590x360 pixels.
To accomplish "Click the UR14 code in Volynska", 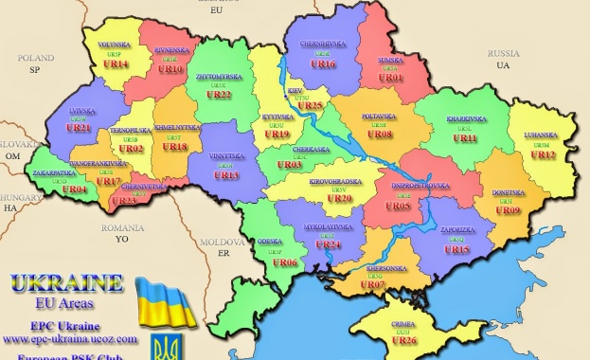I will (x=115, y=64).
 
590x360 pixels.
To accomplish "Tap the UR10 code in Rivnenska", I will (x=170, y=69).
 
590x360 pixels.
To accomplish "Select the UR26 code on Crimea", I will (x=403, y=341).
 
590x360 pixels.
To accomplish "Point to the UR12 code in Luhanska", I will (x=543, y=154).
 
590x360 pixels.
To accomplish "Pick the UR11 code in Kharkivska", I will (x=465, y=138).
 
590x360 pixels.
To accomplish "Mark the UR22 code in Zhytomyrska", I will (x=219, y=95).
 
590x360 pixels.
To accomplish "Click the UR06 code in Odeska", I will (x=285, y=262).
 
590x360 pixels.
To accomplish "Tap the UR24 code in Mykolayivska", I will (x=328, y=244).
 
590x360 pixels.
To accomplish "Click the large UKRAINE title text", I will (x=66, y=283).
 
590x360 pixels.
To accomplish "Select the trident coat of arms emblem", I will (x=185, y=344).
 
